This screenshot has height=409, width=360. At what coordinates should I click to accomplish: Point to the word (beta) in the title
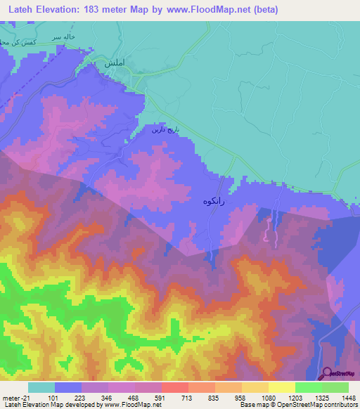[x=266, y=10]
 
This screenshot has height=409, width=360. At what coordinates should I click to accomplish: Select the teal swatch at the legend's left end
[x=41, y=387]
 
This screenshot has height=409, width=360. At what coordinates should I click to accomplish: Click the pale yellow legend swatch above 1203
[x=281, y=387]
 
